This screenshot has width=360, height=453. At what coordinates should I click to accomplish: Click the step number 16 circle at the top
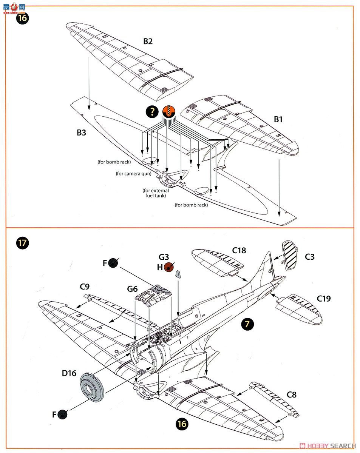click(x=22, y=18)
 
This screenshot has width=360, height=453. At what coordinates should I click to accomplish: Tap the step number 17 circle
click(x=22, y=242)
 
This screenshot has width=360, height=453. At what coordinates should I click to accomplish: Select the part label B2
click(x=148, y=41)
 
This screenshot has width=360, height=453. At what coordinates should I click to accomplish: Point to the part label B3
click(x=81, y=133)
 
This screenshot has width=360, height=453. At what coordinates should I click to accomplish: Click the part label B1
click(x=278, y=119)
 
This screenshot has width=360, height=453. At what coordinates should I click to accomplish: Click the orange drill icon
click(x=168, y=111)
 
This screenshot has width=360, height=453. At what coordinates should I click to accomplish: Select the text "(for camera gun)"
click(x=133, y=174)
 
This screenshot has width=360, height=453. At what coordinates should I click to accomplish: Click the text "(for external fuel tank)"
click(x=155, y=193)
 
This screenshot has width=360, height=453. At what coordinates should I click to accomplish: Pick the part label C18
click(x=239, y=250)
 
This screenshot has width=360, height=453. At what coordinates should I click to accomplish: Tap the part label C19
click(x=324, y=299)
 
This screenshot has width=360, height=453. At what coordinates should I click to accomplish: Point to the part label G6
click(x=132, y=289)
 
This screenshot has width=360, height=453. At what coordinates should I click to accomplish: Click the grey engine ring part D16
click(x=92, y=387)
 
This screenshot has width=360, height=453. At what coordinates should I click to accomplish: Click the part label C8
click(x=292, y=395)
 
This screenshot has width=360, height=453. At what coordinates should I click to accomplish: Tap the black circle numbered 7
click(x=247, y=324)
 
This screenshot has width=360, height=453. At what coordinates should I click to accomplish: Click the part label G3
click(x=164, y=257)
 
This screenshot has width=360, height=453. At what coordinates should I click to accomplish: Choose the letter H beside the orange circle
click(x=159, y=267)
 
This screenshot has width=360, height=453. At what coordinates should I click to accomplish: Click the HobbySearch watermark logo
click(x=328, y=446)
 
